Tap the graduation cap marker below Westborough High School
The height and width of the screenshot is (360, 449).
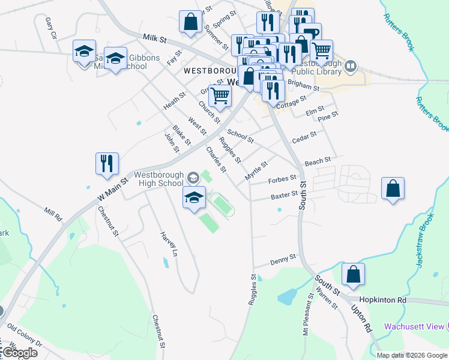point(194,199)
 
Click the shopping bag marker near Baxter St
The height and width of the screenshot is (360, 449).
point(392,189)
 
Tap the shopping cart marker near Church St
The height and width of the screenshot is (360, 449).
point(220,95)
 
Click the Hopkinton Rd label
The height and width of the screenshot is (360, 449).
point(383,299)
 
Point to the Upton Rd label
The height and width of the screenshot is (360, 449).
point(365,318)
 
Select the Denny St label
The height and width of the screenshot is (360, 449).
point(283,259)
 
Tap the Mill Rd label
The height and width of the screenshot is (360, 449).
point(53,214)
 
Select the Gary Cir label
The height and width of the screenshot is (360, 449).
point(50,27)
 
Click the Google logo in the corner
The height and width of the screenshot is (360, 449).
point(19,353)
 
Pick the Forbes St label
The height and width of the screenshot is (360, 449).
point(282,179)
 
